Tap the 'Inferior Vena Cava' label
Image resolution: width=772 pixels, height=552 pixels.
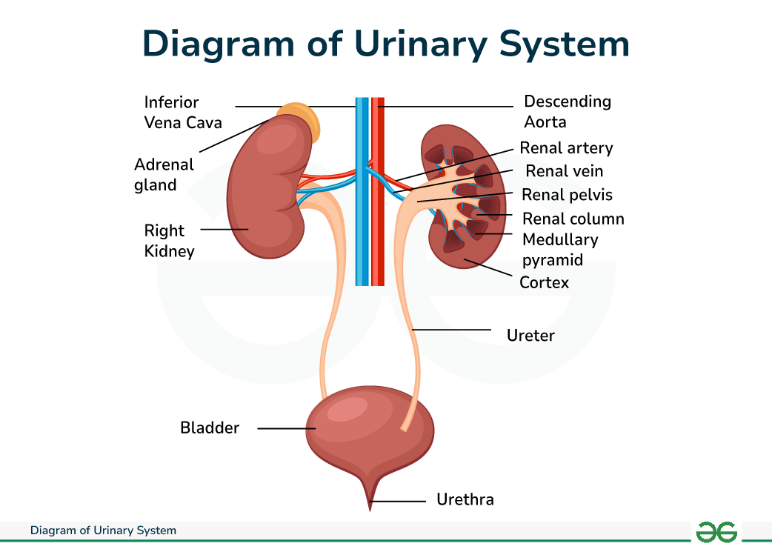point(182,112)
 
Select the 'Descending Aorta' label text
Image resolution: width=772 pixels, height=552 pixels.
point(568,111)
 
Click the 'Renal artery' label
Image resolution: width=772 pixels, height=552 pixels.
point(566,148)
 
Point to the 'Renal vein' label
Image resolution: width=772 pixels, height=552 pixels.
point(564,171)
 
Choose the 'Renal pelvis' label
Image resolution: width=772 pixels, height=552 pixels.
point(567,195)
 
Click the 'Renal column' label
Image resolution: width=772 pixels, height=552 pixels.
point(573,219)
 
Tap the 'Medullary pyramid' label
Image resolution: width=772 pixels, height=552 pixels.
point(559,250)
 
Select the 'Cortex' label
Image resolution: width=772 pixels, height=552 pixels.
point(544,282)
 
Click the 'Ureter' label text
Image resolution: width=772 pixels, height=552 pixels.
point(530,336)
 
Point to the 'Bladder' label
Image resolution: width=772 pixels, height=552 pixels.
point(210,428)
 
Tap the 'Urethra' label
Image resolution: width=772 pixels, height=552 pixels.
point(465,499)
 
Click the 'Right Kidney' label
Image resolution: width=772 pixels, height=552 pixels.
point(169,241)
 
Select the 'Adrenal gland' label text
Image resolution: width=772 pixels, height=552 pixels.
point(164,175)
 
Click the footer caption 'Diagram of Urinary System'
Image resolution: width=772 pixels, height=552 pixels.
point(103,531)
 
